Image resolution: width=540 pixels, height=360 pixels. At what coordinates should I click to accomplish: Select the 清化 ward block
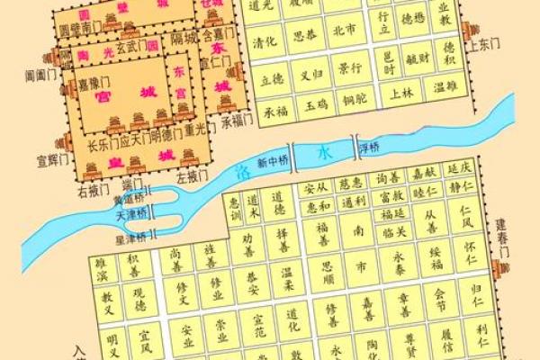pos(264,41)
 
